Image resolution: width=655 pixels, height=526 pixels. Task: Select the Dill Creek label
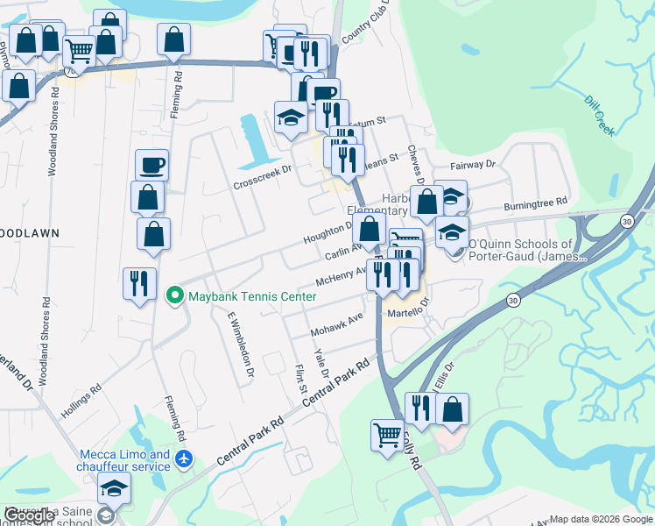point(600,115)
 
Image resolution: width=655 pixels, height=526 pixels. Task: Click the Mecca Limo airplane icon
point(184,457)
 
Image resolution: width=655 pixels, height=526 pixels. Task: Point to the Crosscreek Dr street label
point(262,178)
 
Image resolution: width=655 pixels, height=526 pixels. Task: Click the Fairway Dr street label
point(473,164)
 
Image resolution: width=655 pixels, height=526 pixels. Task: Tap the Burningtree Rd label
point(536,204)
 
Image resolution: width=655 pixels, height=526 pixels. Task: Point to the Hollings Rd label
point(81,399)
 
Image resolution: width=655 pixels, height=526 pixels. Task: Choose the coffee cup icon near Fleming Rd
point(151,164)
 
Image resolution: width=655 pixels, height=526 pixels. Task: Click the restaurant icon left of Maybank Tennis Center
point(139,284)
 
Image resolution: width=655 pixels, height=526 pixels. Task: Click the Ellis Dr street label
point(442,377)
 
